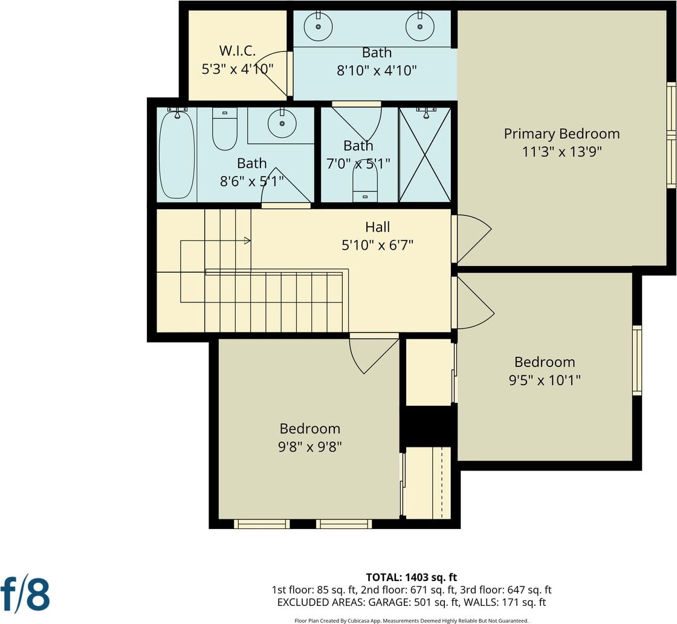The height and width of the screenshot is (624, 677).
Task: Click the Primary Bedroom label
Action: click(562, 134)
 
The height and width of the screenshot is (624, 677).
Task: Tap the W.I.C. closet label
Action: click(237, 51)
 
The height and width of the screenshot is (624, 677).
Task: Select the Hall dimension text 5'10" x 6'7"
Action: click(377, 245)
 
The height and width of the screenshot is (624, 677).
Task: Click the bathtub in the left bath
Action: click(177, 154)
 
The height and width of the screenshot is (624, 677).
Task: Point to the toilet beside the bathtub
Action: click(225, 129)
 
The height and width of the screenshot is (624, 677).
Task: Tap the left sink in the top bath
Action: click(318, 27)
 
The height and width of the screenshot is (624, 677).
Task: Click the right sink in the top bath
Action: click(419, 27)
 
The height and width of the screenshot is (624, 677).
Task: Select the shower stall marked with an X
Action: click(426, 155)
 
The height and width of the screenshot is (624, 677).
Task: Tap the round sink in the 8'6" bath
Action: click(282, 123)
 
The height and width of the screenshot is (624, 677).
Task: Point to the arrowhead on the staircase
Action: click(247, 241)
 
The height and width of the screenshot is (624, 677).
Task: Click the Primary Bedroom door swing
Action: click(474, 239)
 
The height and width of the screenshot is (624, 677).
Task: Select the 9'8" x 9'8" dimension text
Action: click(310, 446)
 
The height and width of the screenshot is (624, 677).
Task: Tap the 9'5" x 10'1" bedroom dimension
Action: click(545, 380)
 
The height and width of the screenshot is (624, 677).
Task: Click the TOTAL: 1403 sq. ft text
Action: click(411, 577)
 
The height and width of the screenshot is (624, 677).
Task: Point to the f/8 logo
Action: click(25, 593)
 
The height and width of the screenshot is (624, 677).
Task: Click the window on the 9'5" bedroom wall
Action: click(637, 360)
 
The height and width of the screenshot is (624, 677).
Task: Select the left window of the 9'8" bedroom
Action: click(262, 524)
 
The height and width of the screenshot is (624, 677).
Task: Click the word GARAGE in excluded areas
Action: click(395, 602)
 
